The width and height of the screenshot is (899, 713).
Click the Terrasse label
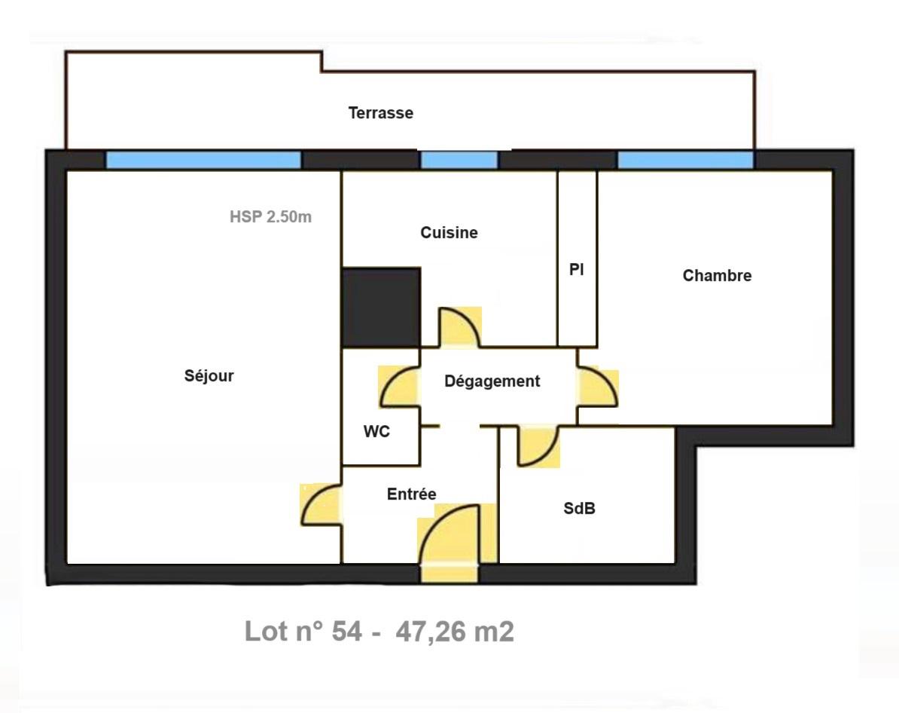coord(380,114)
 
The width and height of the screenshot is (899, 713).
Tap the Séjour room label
coord(209,376)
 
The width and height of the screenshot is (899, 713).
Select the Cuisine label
coord(449,233)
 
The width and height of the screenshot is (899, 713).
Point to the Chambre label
coord(717,276)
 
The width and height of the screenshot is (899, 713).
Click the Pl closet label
coord(576,270)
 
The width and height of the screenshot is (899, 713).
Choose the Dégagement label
coord(492,381)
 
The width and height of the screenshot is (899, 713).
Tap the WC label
coord(376,433)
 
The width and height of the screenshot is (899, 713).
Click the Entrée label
coord(411,494)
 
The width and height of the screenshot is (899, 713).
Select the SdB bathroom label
coord(579,509)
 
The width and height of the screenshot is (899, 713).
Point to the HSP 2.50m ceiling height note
coord(270,218)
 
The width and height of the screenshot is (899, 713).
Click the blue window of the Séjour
coord(203,160)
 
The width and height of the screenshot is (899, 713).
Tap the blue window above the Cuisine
coord(459,160)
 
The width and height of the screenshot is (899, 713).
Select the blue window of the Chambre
coord(685,160)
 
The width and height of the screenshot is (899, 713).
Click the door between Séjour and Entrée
coord(321,503)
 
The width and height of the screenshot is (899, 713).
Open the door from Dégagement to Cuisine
coord(460,328)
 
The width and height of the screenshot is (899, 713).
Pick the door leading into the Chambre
coord(598,387)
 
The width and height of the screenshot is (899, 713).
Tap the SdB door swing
coord(538,446)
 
